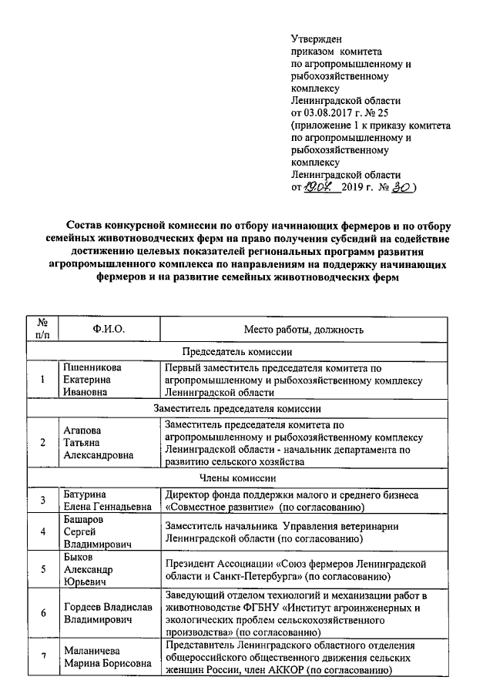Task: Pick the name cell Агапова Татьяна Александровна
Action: [98, 444]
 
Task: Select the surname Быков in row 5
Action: [79, 558]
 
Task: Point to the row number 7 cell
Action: [44, 656]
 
